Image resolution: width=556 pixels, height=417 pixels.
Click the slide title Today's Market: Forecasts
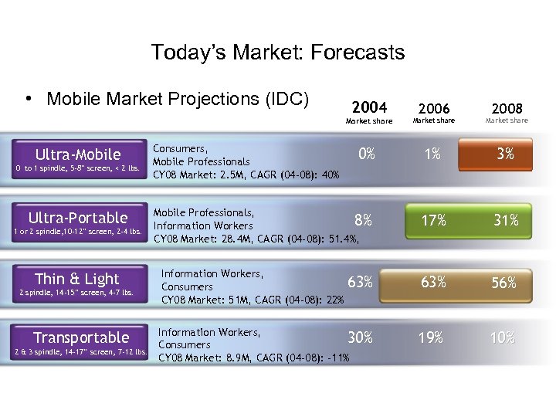[278, 53]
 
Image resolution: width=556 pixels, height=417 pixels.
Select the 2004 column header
[368, 107]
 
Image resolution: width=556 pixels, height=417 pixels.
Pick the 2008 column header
[507, 108]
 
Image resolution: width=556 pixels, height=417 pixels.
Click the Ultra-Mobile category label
[78, 154]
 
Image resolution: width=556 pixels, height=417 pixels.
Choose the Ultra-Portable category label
[78, 217]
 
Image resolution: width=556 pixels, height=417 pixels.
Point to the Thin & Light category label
[77, 279]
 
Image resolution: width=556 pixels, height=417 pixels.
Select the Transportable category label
[81, 337]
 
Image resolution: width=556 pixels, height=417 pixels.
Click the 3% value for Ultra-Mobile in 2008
[506, 154]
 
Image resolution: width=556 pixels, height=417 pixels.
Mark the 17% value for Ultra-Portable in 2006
[433, 221]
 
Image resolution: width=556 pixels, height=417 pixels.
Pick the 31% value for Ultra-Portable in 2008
[506, 221]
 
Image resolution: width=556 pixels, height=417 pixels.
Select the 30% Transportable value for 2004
[360, 337]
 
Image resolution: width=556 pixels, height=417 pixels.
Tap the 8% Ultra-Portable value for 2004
[362, 220]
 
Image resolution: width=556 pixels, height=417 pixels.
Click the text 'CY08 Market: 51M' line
[253, 300]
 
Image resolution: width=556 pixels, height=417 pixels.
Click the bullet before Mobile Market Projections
[28, 100]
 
